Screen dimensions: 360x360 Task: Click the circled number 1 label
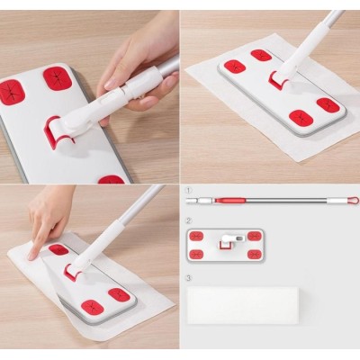188,191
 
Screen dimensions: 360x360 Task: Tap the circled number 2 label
189,220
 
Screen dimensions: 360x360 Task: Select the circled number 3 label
189,278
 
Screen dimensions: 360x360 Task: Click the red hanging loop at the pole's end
354,200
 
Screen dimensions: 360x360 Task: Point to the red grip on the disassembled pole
229,200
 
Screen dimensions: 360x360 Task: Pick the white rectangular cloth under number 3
242,305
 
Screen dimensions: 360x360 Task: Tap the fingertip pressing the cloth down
31,256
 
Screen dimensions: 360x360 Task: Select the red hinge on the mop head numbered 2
225,245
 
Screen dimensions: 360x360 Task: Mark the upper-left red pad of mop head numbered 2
196,236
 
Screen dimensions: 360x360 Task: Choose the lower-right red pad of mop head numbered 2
255,255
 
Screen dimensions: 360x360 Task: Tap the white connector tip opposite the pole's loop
192,200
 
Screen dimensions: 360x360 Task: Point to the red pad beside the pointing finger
58,249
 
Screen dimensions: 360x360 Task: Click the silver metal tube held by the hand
169,67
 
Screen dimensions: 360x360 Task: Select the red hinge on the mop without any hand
276,80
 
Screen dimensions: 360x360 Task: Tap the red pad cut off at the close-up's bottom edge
111,180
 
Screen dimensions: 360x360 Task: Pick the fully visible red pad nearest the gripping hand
58,78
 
